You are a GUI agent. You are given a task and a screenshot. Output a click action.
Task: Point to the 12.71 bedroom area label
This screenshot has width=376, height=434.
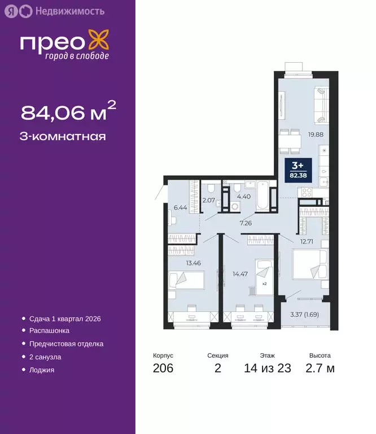306,242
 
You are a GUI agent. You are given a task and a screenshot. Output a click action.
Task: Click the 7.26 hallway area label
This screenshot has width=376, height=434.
246,223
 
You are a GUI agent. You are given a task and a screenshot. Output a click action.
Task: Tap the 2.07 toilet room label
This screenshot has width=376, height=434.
208,200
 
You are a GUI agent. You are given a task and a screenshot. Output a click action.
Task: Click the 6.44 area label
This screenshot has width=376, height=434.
181,207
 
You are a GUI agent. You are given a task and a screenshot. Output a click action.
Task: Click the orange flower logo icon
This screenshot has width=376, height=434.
100,42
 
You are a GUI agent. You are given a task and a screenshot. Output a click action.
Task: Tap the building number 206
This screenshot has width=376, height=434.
163,369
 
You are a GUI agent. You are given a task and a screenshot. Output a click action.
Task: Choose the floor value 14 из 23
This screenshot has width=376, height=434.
268,369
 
